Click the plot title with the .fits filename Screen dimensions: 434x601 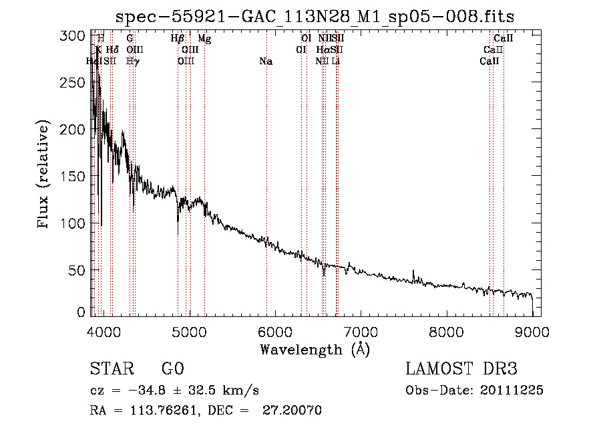315,17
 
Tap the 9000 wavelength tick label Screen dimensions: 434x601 532,332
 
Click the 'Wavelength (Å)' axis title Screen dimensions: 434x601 315,349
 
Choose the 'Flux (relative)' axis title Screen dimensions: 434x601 45,175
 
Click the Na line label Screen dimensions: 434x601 266,62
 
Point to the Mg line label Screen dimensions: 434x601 205,39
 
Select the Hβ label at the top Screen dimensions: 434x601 178,39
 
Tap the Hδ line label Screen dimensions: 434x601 112,50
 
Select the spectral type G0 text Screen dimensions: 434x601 172,369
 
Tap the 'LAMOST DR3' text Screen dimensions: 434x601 461,369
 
